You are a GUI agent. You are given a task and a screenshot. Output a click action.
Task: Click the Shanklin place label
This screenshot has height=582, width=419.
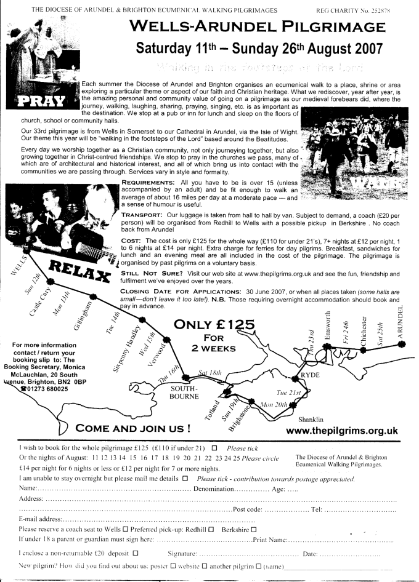coord(310,420)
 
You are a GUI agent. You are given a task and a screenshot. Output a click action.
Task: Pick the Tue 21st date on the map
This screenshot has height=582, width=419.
coord(289,391)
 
